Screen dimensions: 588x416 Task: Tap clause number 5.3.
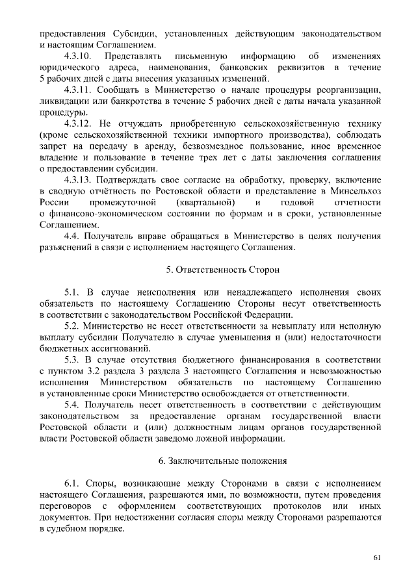tap(71, 360)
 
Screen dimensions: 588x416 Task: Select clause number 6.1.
tap(71, 484)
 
